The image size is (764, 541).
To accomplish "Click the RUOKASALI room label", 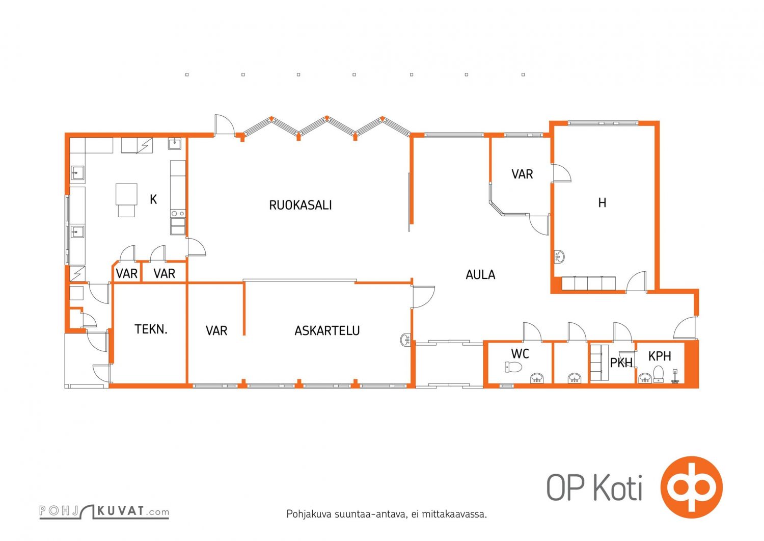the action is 300,205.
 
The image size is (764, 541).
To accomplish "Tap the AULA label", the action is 480,275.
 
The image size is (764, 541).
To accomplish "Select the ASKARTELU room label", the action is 327,330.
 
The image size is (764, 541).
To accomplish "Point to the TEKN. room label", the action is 151,329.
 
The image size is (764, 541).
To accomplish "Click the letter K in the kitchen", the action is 153,199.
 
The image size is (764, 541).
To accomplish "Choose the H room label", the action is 603,203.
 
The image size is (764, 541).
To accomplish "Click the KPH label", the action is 660,356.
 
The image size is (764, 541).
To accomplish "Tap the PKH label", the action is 621,363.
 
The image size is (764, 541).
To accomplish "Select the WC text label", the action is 520,354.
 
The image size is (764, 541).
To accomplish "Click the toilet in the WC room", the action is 513,367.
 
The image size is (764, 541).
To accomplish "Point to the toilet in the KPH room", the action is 658,374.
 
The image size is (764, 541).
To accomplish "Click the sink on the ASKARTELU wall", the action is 405,340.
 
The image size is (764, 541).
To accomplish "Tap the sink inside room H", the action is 559,256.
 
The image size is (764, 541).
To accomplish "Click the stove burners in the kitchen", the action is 178,214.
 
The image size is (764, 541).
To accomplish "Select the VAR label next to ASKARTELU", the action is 216,330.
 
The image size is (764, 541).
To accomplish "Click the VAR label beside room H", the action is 522,174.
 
